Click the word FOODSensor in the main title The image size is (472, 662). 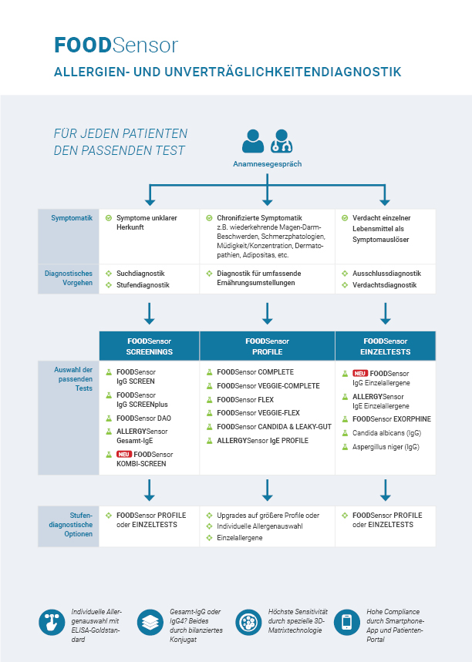(x=116, y=45)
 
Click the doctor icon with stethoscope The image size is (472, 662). (x=282, y=141)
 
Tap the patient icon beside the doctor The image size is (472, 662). (x=253, y=141)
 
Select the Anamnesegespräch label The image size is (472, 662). (x=267, y=164)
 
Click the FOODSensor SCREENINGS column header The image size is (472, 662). (x=149, y=346)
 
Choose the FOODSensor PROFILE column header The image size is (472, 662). (x=268, y=346)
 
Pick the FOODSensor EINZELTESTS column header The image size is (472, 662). (x=386, y=346)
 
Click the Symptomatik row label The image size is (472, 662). (x=72, y=218)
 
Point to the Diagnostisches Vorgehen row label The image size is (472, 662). (x=69, y=278)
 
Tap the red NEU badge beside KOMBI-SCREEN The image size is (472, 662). (x=124, y=454)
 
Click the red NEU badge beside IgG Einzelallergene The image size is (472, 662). (x=360, y=373)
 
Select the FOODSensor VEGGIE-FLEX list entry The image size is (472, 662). (x=258, y=413)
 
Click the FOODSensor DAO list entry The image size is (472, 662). (x=143, y=418)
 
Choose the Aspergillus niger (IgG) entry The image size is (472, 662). (x=386, y=447)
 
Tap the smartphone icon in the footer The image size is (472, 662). (x=347, y=623)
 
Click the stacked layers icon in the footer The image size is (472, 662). (x=150, y=623)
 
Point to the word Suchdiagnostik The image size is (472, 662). (x=140, y=274)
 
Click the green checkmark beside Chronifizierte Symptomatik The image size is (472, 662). (x=209, y=218)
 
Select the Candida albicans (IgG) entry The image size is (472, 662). (x=386, y=433)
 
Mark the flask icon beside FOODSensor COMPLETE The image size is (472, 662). (x=209, y=372)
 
